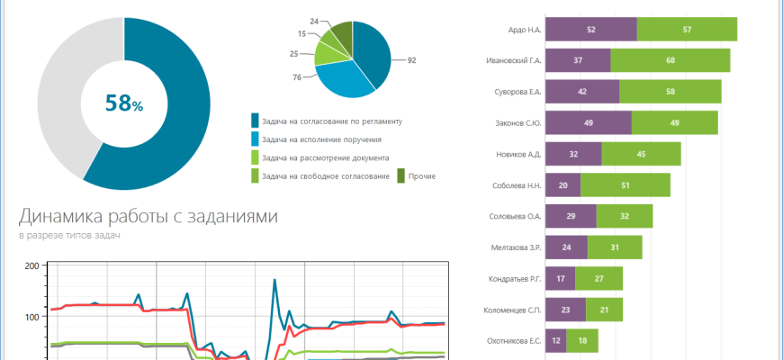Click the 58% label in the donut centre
point(124,103)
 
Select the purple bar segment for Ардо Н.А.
point(590,30)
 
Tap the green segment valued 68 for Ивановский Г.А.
point(670,61)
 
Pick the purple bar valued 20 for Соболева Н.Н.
point(562,185)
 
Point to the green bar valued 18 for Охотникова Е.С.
point(582,341)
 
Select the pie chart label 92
point(411,60)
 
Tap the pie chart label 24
point(313,20)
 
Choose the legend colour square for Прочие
point(401,175)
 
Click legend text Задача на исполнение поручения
point(320,139)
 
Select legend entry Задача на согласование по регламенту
point(330,121)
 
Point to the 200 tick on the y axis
point(31,266)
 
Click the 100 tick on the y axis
point(31,317)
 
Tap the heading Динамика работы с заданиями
point(148,217)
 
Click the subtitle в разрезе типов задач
point(69,236)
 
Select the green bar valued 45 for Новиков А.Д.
point(641,154)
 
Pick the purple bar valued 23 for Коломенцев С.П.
point(565,310)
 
